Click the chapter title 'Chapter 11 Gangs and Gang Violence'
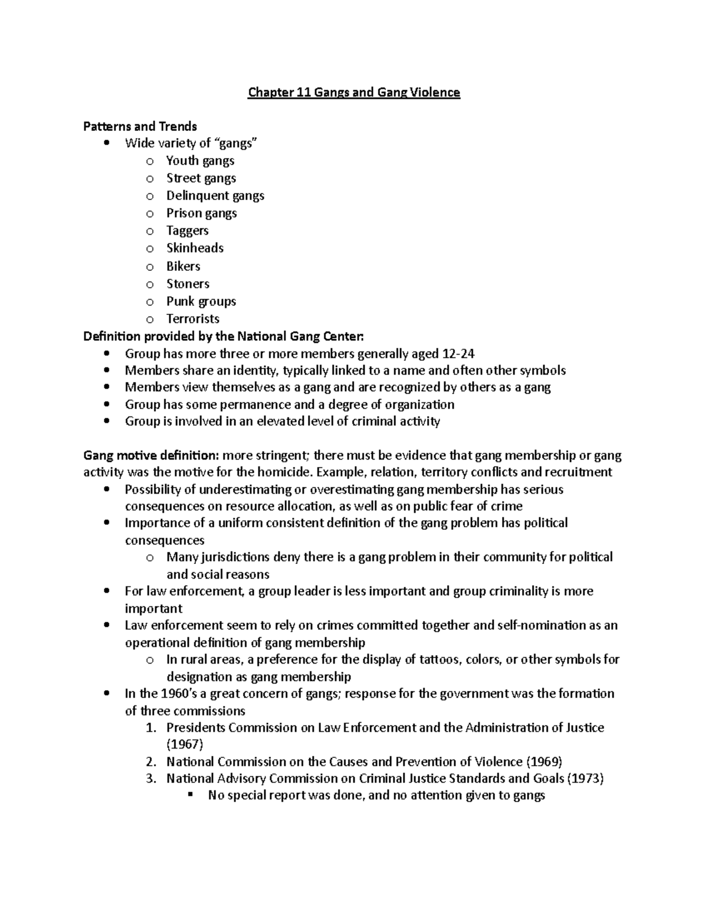click(x=353, y=93)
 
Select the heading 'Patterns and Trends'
click(x=140, y=126)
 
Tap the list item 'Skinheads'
click(x=195, y=248)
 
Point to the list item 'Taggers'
click(x=187, y=231)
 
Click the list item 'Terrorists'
click(x=192, y=319)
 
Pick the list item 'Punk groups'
click(x=201, y=301)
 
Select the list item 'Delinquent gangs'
click(x=215, y=196)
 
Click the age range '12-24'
click(x=458, y=354)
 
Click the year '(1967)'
click(x=185, y=744)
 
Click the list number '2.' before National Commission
click(x=150, y=761)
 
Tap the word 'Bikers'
click(x=183, y=266)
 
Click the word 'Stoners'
click(x=188, y=284)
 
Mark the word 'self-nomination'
click(x=539, y=625)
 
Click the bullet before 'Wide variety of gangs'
click(x=106, y=143)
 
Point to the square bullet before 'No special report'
click(x=190, y=795)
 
